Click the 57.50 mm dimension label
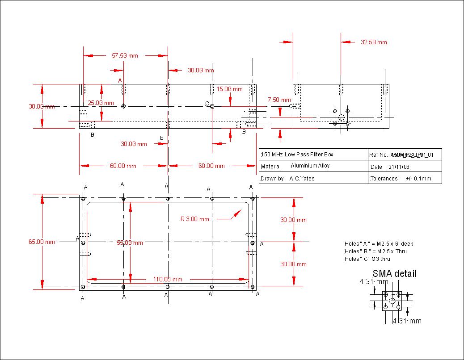[x=125, y=56]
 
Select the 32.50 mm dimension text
[x=374, y=42]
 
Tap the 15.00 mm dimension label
[x=230, y=89]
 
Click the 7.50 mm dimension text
[x=279, y=100]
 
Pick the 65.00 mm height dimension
[x=42, y=242]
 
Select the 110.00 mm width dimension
[x=167, y=279]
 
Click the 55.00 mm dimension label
[x=130, y=243]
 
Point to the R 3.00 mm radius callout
[x=194, y=219]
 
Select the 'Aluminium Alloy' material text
[x=310, y=166]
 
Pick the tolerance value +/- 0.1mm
[x=418, y=179]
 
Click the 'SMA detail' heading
[x=394, y=274]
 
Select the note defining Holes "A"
[x=379, y=244]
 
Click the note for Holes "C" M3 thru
[x=367, y=259]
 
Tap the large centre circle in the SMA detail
[x=392, y=301]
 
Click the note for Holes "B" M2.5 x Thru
[x=375, y=251]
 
